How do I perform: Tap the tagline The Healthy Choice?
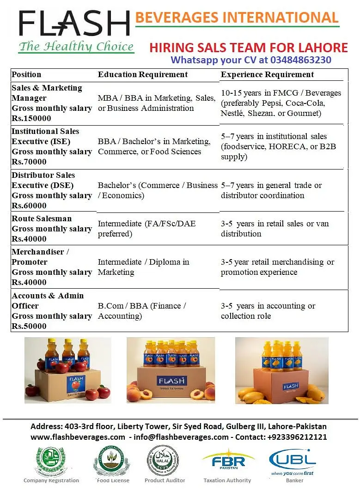(x=76, y=47)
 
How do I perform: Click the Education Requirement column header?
(x=143, y=74)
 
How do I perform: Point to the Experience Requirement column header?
(x=267, y=74)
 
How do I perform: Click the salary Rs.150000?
(x=31, y=118)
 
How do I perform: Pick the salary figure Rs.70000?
(x=29, y=162)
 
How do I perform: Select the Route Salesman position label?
(x=42, y=218)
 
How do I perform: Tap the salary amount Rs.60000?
(x=29, y=206)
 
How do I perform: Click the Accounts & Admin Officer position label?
(x=48, y=301)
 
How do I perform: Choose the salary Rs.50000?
(x=29, y=326)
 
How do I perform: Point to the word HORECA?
(x=281, y=146)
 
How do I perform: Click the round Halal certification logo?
(x=162, y=460)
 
